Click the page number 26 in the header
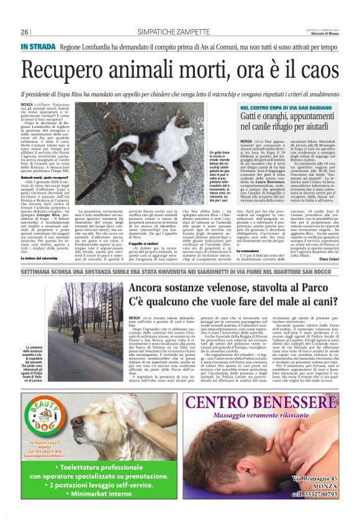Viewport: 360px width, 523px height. point(25,32)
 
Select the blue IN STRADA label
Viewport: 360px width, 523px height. point(39,47)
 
